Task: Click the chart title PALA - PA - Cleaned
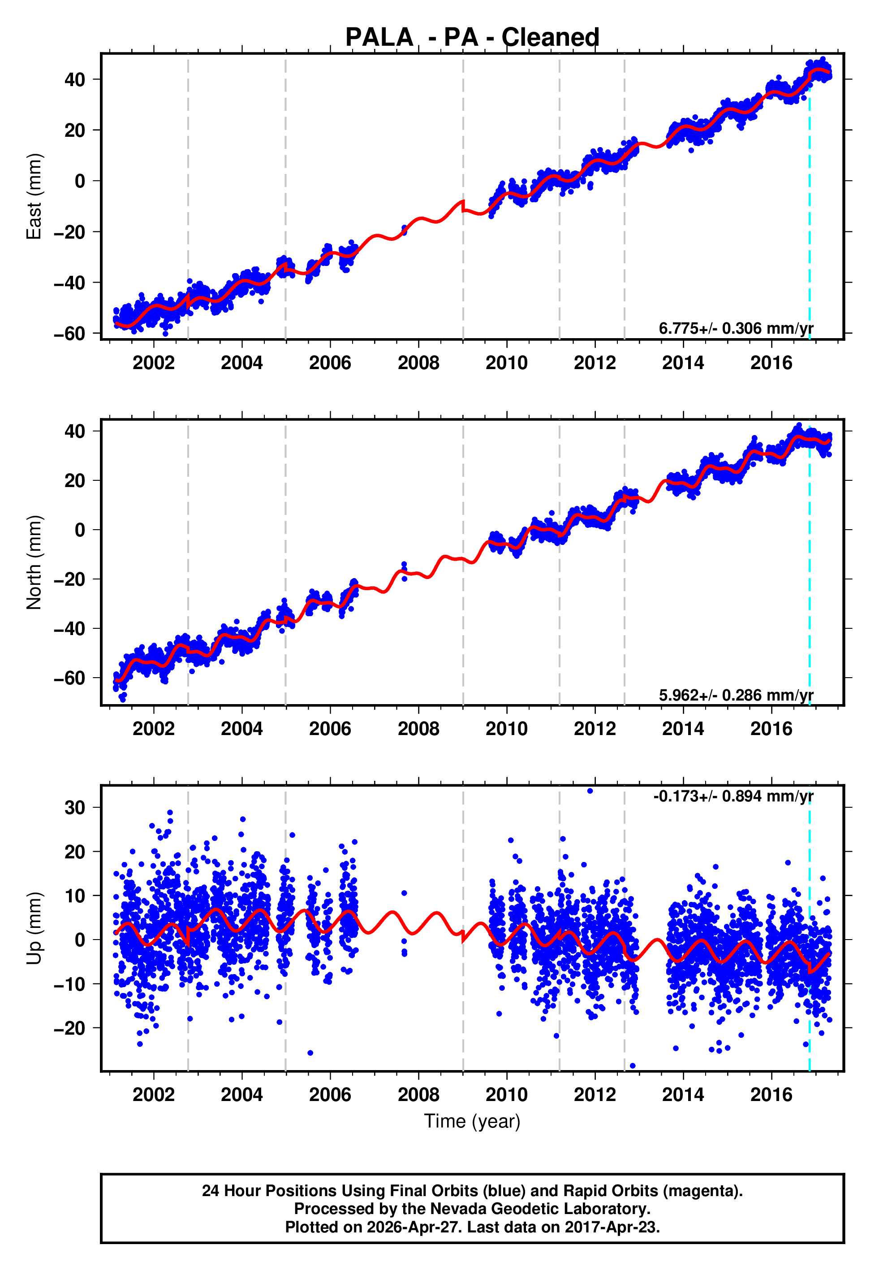(472, 38)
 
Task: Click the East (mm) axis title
(34, 197)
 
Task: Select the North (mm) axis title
(34, 562)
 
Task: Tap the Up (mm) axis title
(34, 928)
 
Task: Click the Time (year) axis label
(472, 1121)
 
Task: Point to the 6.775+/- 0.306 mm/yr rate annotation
(736, 328)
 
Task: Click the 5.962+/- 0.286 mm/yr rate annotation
(736, 695)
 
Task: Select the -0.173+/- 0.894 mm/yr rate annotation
(733, 797)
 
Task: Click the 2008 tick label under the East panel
(418, 363)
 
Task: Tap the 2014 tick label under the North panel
(683, 729)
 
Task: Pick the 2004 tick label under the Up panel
(242, 1095)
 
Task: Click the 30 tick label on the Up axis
(75, 808)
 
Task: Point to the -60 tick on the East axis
(69, 334)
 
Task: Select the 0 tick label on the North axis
(80, 530)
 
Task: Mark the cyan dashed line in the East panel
(809, 221)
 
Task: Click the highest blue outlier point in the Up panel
(590, 791)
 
